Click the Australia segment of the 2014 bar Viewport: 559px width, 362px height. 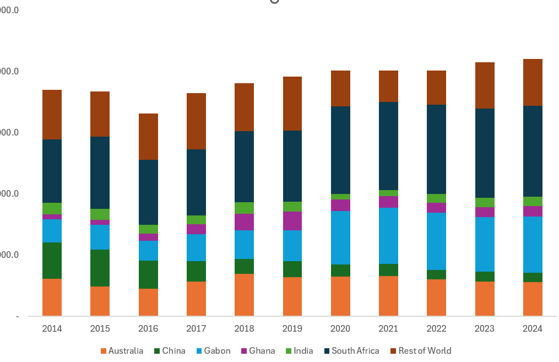[x=52, y=297]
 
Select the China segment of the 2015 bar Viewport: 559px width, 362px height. [x=100, y=268]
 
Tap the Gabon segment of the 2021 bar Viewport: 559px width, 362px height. [x=388, y=235]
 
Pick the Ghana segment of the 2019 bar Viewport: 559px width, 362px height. [x=292, y=220]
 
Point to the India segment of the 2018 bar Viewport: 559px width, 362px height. [x=244, y=208]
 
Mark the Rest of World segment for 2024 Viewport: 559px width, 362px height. [x=533, y=82]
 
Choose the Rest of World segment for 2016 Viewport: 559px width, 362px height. [x=148, y=137]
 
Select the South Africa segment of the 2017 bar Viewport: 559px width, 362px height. [x=196, y=182]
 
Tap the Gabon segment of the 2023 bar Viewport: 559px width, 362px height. [x=485, y=244]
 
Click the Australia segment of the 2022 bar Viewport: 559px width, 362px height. [x=436, y=298]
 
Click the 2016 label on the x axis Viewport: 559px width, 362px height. [x=148, y=329]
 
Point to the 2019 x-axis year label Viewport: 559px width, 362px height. [x=292, y=329]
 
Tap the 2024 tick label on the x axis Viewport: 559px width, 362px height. [x=533, y=329]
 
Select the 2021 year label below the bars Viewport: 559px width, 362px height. [x=388, y=329]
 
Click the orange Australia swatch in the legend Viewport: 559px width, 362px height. [x=104, y=351]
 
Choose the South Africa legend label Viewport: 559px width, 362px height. [x=355, y=351]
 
